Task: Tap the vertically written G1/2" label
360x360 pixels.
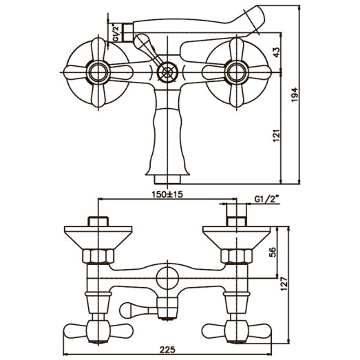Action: tap(116, 32)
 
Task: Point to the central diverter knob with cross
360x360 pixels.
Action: tap(165, 72)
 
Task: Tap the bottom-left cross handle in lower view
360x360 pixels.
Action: tap(96, 330)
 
